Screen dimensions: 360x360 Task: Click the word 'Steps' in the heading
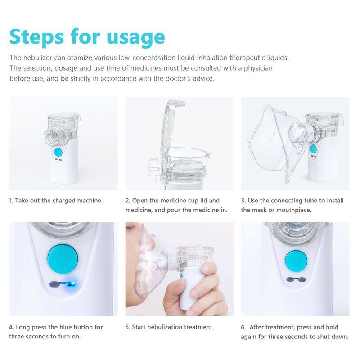(x=37, y=37)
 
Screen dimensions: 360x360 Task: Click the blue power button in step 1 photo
(x=58, y=152)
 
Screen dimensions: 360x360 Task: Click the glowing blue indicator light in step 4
(x=71, y=285)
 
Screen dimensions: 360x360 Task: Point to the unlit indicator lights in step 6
(x=296, y=279)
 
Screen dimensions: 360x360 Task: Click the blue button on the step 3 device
(x=313, y=149)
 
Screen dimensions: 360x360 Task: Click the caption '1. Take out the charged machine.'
(x=55, y=201)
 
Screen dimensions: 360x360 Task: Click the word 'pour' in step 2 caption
(x=174, y=210)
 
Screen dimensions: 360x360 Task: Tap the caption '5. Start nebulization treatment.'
(x=170, y=327)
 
